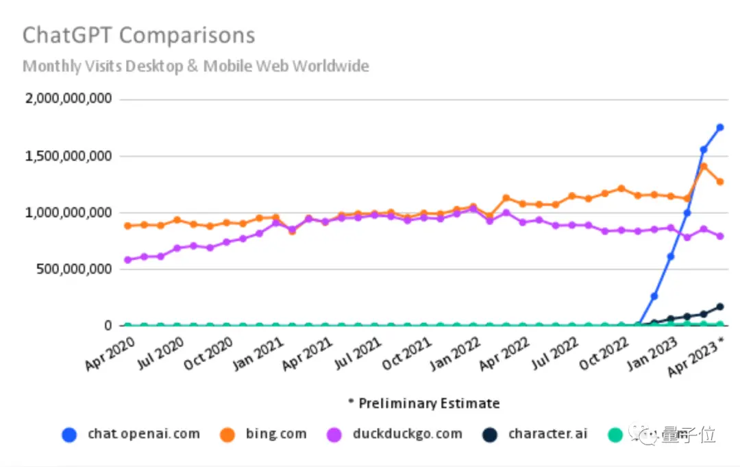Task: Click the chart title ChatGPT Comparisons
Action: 138,36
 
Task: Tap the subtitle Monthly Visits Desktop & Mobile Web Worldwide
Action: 196,67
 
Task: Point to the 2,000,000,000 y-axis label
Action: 68,99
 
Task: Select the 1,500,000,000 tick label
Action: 68,156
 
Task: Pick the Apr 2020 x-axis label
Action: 109,352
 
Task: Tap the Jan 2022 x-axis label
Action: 454,352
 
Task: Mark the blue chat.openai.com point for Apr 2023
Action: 720,128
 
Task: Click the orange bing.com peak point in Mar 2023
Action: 704,166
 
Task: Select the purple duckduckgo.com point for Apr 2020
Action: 128,260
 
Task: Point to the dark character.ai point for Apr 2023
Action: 720,307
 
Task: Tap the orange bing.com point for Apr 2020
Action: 128,226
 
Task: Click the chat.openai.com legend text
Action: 144,434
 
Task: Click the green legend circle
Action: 616,434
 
